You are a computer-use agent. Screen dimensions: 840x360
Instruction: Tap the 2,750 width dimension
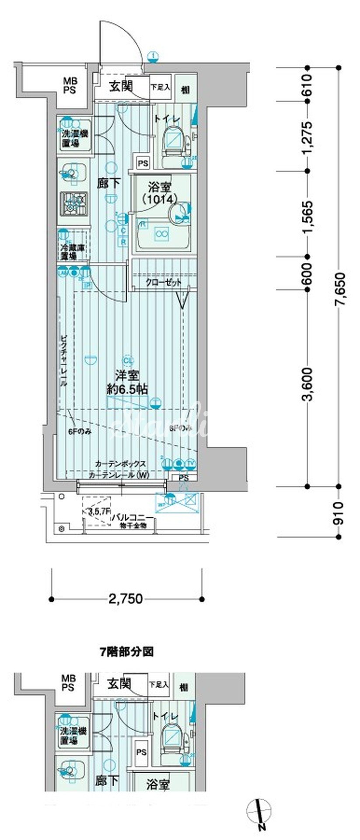coord(126,598)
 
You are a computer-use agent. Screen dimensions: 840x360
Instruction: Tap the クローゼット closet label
coord(164,283)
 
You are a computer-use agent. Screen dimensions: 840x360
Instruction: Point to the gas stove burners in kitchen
coord(74,203)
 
